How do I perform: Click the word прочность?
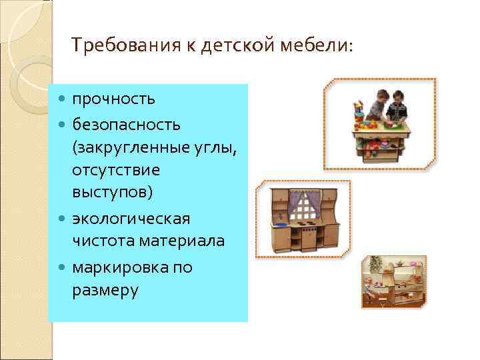tap(114, 99)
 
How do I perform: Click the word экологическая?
tap(131, 219)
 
